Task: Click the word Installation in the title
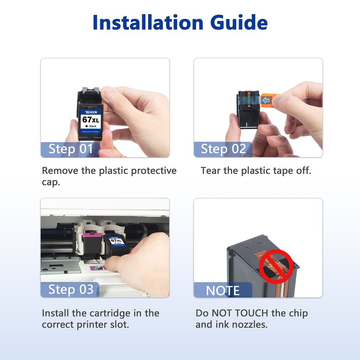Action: [148, 22]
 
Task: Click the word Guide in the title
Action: [239, 22]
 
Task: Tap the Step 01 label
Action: [71, 149]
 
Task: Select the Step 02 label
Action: [223, 149]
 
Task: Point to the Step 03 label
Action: [71, 289]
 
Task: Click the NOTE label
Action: [223, 291]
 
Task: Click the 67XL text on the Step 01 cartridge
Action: [91, 120]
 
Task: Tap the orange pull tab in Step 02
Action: [269, 99]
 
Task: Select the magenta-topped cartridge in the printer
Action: [91, 245]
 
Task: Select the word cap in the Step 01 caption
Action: [51, 183]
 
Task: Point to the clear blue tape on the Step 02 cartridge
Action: [250, 100]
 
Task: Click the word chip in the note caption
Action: [298, 314]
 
